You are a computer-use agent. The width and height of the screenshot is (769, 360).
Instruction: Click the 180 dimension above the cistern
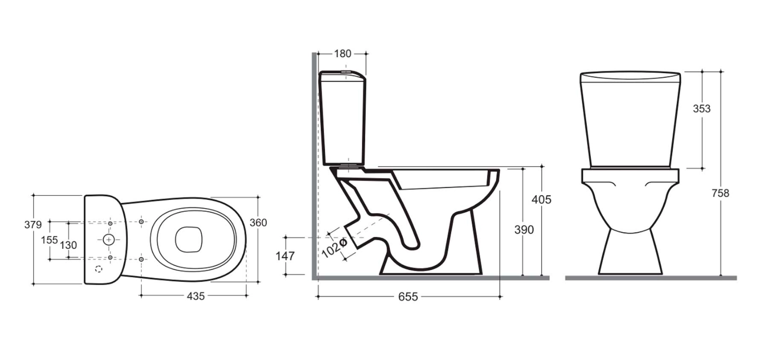(342, 54)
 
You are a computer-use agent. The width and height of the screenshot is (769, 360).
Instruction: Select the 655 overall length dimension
(408, 297)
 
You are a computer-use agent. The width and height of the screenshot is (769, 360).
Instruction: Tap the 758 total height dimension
(720, 193)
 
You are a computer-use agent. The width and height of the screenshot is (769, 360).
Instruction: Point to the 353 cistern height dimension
(702, 109)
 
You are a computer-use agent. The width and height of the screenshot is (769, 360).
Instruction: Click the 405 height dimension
(541, 199)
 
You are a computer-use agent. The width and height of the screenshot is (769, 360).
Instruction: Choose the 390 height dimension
(524, 230)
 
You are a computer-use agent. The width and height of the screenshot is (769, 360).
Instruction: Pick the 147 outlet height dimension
(285, 256)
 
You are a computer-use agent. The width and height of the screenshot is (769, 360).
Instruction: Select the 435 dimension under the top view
(195, 296)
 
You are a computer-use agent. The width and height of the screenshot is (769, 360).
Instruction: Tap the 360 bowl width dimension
(258, 223)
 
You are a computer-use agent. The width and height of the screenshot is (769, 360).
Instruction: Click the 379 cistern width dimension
(33, 225)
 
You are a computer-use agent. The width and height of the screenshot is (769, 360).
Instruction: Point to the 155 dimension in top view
(49, 240)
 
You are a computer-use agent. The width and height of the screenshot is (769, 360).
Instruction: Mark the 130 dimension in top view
(68, 245)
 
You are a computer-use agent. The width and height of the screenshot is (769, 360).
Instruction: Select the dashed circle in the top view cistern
(99, 269)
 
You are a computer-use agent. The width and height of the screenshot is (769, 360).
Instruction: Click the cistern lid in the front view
(630, 76)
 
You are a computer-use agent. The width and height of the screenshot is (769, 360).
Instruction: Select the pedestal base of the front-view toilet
(630, 254)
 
